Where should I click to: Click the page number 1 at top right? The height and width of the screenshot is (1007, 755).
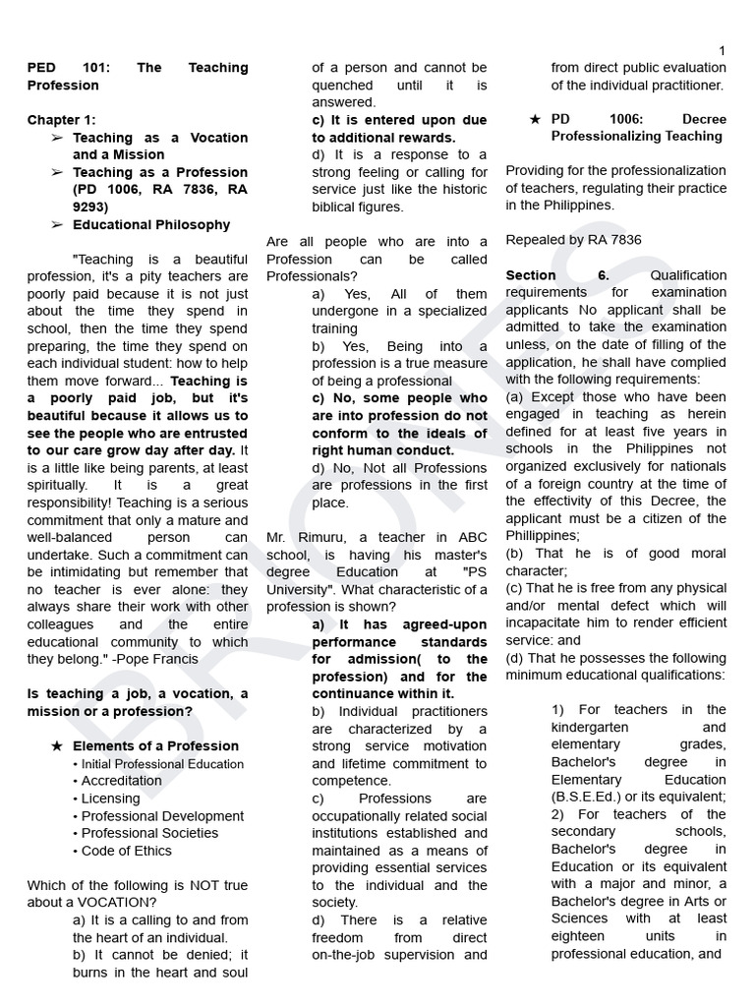point(723,50)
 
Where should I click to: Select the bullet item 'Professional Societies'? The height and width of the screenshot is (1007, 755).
point(149,833)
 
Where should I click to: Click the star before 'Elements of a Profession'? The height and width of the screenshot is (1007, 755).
point(56,746)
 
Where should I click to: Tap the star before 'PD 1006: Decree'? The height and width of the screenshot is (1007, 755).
point(535,119)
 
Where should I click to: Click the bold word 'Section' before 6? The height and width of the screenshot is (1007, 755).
point(531,275)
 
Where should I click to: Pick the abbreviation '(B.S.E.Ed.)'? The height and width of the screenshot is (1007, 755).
point(590,797)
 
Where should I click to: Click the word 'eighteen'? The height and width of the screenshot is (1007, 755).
point(578,936)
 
